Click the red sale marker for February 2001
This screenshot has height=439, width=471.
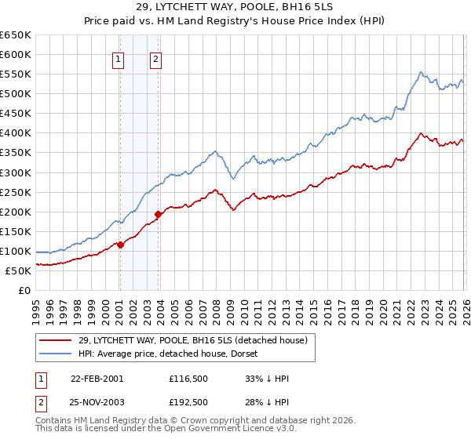pos(120,245)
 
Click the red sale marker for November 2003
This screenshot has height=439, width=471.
pos(159,214)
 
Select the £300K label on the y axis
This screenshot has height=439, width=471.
pos(16,172)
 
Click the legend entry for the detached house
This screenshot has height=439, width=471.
pos(197,339)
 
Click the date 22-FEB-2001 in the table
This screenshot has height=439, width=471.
pos(97,379)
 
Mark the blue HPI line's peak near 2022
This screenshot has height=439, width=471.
pos(421,72)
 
